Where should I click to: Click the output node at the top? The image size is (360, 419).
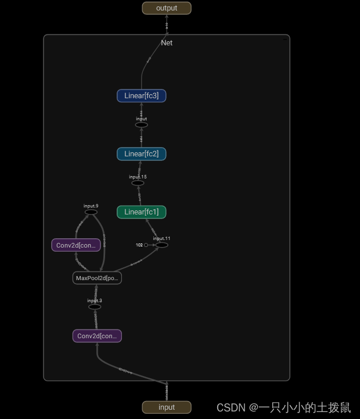click(167, 8)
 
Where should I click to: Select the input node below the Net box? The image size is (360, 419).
click(167, 407)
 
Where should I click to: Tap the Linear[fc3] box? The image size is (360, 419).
click(142, 96)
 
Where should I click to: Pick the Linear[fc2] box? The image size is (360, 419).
click(142, 154)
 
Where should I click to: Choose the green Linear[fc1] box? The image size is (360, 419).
click(142, 212)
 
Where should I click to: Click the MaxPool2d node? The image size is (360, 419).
click(97, 278)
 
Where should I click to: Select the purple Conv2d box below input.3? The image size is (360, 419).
click(97, 336)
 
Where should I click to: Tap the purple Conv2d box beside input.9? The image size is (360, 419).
click(76, 245)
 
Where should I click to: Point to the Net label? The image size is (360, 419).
click(167, 43)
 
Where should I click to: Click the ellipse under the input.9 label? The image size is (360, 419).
click(91, 212)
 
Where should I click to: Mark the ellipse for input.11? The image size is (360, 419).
click(162, 245)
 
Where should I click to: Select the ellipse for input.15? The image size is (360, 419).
click(138, 183)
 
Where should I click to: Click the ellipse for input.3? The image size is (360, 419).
click(95, 307)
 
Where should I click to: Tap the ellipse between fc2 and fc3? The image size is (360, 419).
click(142, 125)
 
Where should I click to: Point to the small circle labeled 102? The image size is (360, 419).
click(146, 245)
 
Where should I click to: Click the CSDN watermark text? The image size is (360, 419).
click(283, 407)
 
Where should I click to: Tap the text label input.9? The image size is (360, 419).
click(91, 206)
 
